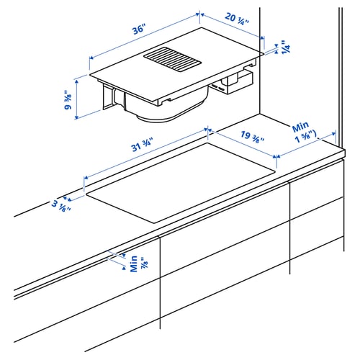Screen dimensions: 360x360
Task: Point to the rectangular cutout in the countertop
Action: (x=180, y=180)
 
